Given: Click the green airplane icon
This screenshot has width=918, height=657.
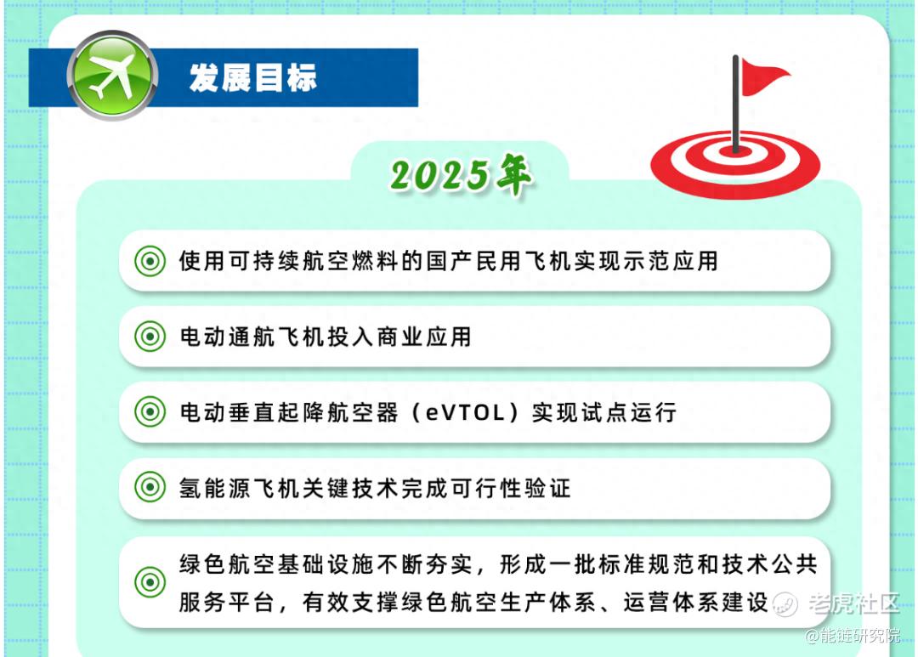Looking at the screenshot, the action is click(x=112, y=76).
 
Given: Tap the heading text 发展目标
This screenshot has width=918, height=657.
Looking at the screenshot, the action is click(x=253, y=78).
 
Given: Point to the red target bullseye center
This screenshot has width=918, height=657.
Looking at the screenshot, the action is click(x=734, y=151).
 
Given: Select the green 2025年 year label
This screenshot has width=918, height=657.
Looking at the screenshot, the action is click(x=462, y=174).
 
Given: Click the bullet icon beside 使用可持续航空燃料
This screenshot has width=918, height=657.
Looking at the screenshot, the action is click(x=150, y=261).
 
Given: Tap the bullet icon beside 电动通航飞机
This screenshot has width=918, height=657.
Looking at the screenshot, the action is click(x=150, y=336).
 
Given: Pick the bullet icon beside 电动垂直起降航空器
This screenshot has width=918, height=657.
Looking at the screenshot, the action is click(x=150, y=411).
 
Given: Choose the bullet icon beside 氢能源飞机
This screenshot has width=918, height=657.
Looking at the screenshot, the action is click(x=150, y=487).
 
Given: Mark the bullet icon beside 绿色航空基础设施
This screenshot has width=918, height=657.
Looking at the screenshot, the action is click(x=150, y=582).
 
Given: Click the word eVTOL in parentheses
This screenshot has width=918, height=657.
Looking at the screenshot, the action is click(x=465, y=413).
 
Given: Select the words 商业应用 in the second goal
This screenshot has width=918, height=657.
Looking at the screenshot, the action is click(x=424, y=337).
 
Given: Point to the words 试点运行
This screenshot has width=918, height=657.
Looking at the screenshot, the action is click(x=604, y=412).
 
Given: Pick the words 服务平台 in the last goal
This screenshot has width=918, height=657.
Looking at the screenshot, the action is click(x=227, y=602).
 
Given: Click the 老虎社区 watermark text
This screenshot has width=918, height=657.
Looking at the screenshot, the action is click(x=854, y=603).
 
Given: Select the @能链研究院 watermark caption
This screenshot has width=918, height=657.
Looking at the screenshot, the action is click(x=853, y=636).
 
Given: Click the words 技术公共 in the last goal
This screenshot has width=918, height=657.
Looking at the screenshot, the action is click(x=769, y=564).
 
